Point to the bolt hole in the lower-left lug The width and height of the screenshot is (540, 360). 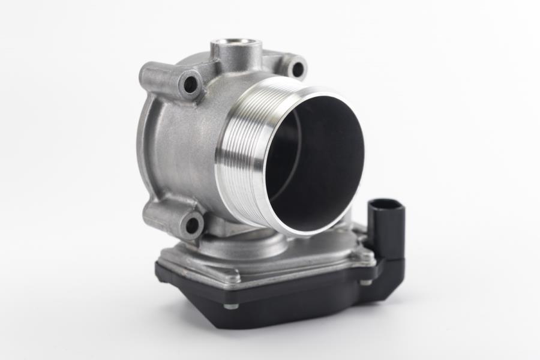[193, 226]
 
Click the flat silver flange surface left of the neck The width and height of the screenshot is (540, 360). [180, 252]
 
